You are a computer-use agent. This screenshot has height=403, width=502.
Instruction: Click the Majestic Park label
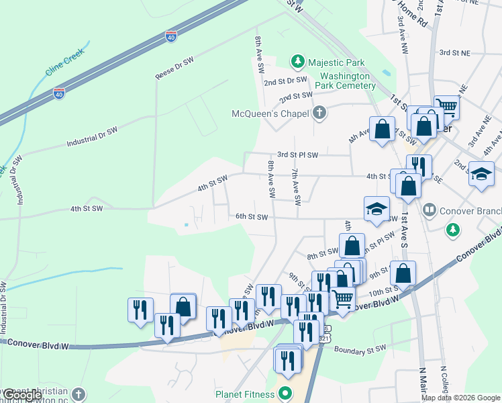pyautogui.click(x=336, y=62)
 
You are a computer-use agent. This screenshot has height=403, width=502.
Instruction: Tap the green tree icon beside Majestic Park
pyautogui.click(x=297, y=62)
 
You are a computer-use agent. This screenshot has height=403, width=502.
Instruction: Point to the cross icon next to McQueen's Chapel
pyautogui.click(x=319, y=113)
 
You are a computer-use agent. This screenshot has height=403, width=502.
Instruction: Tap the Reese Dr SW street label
pyautogui.click(x=174, y=69)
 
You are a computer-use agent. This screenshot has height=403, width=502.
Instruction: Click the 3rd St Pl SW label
pyautogui.click(x=297, y=154)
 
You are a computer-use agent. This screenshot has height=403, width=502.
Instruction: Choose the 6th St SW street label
pyautogui.click(x=252, y=216)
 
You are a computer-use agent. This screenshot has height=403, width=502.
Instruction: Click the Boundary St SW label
pyautogui.click(x=360, y=349)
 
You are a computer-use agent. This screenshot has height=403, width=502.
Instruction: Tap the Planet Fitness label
pyautogui.click(x=245, y=394)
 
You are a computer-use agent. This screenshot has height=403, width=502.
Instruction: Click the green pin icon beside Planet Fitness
pyautogui.click(x=286, y=394)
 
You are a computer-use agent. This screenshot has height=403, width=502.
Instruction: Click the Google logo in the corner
pyautogui.click(x=22, y=396)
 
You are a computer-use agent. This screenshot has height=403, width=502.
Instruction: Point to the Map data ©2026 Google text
pyautogui.click(x=460, y=398)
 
